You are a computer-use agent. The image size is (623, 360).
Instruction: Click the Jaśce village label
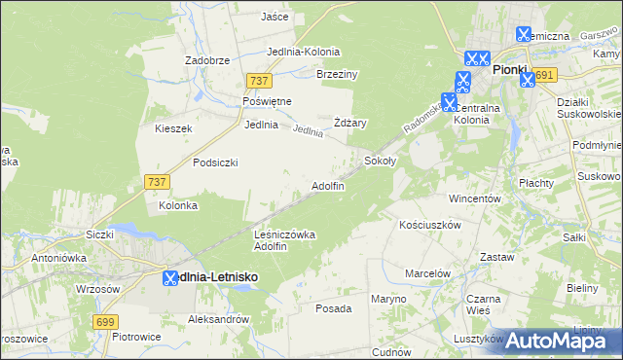pos(275,17)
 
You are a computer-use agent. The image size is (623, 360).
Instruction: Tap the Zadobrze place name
pos(206,59)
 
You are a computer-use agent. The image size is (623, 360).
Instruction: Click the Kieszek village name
pos(173,128)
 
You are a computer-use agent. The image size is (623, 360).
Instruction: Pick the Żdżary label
pos(349,123)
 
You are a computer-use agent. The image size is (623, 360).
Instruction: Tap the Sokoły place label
pos(380,160)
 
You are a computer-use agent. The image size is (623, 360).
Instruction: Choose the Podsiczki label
pos(215,162)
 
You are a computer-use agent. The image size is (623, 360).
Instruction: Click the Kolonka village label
pos(178,205)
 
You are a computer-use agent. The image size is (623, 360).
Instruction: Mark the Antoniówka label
pos(59,258)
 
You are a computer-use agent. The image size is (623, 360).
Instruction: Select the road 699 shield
pos(107,321)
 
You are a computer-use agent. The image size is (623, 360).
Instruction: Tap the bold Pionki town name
pos(509,70)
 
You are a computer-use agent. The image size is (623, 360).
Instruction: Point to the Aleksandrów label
pos(219,318)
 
